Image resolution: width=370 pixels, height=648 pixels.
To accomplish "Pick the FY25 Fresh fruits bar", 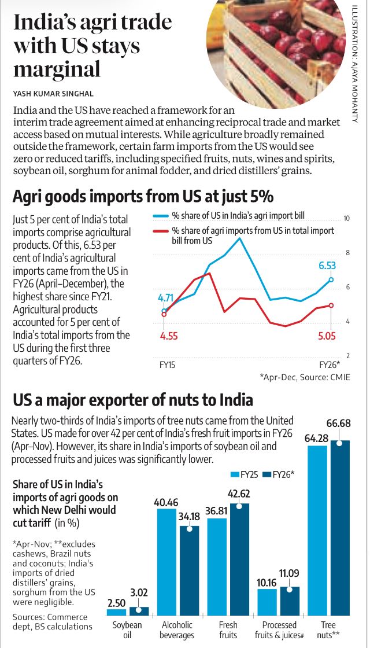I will pos(217,566).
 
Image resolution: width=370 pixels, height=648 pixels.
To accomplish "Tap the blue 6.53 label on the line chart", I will pos(327,266).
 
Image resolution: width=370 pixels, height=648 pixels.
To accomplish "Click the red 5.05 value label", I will pos(328,334).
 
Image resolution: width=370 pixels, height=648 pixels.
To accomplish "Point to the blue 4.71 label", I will pos(165,298).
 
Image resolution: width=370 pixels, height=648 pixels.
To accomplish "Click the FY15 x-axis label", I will pos(168,366).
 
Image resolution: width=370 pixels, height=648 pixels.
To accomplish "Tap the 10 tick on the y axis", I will pos(347,219).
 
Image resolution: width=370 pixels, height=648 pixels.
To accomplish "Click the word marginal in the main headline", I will pos(57,69).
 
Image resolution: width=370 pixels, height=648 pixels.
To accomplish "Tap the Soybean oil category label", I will pos(127,629).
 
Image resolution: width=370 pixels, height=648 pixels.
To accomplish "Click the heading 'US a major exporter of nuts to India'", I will pos(133,400).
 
